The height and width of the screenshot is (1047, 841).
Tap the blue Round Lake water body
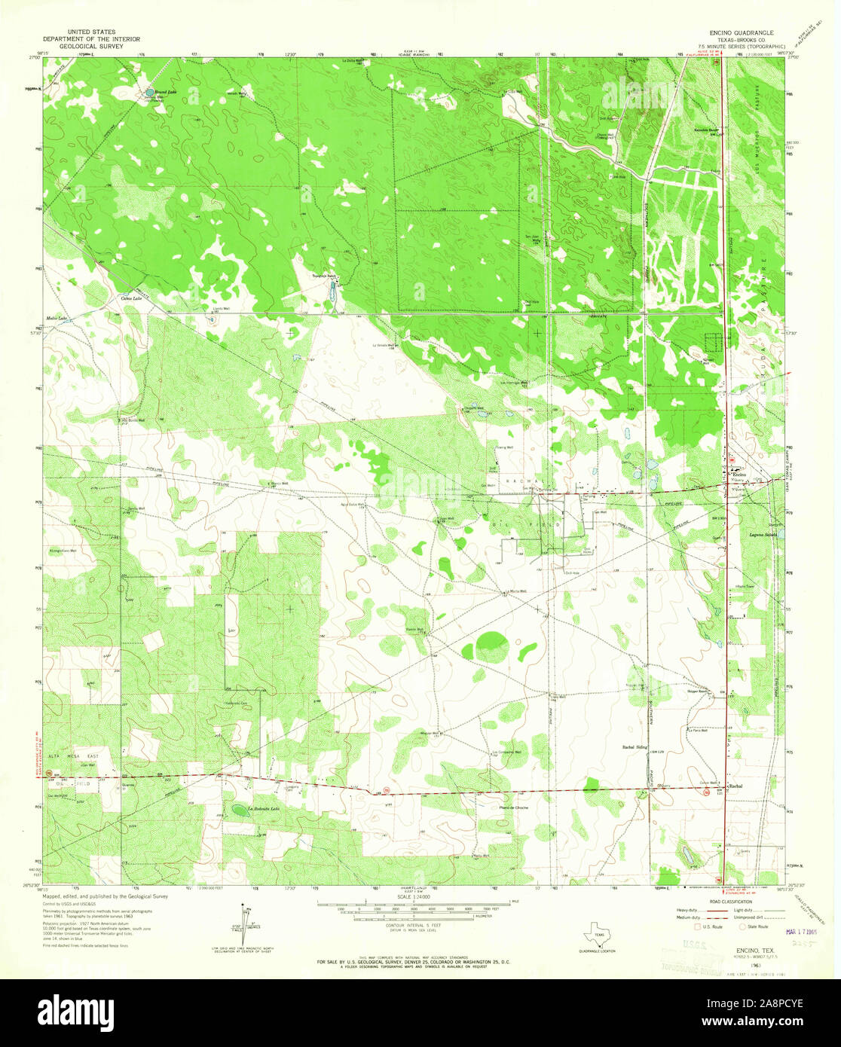[x=149, y=95]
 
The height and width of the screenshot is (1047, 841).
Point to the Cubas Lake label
[x=132, y=298]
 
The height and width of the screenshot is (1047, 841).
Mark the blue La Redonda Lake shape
[x=239, y=810]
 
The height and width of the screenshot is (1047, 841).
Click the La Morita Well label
[x=515, y=591]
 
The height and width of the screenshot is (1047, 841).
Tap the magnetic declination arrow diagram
[x=243, y=919]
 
